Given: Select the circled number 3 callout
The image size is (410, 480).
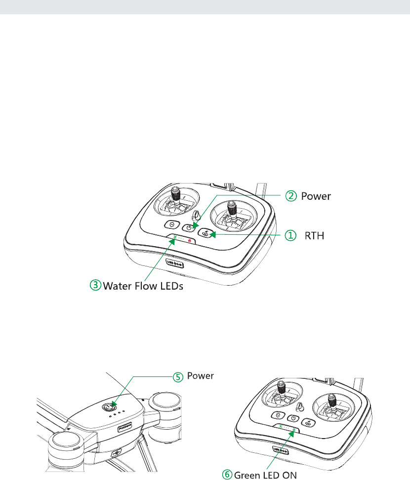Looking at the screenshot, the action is [x=96, y=285].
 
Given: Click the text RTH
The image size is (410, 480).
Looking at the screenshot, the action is [x=314, y=236].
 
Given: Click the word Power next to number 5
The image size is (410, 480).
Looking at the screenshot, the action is [x=201, y=376].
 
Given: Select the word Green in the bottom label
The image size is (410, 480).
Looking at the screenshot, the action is [x=248, y=475].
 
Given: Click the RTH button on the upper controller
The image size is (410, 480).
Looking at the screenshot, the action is [x=207, y=234].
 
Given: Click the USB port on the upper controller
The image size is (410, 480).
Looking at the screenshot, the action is [x=176, y=263].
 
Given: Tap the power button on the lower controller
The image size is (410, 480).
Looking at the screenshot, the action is [x=293, y=418].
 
